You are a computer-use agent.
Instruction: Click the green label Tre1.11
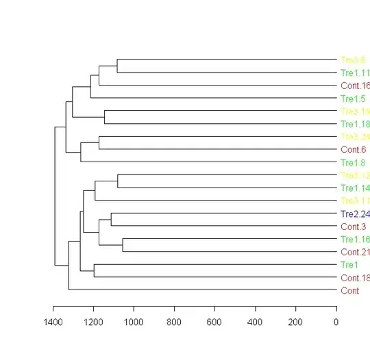coord(355,73)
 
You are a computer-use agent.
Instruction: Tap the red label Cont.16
coord(355,86)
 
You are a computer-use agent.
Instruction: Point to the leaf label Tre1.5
coord(353,99)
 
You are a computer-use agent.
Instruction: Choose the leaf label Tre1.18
coord(355,124)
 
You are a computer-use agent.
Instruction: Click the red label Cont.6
coord(353,149)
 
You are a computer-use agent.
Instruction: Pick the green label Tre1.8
coord(353,162)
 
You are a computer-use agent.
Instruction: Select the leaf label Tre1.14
coord(355,188)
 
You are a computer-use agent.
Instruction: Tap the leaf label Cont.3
coord(353,226)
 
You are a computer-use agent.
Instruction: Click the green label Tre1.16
coord(355,239)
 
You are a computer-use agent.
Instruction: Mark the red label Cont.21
coord(355,252)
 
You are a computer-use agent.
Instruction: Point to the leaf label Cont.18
coord(355,277)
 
